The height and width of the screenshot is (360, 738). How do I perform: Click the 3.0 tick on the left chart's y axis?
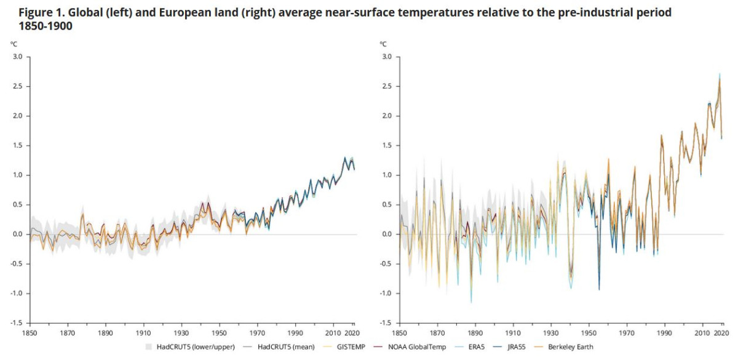18,57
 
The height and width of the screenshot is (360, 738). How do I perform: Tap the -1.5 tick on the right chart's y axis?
385,323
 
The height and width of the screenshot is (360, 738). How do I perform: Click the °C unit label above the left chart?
14,44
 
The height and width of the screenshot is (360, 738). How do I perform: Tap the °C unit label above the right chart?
383,44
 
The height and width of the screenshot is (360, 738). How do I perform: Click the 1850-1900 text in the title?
38,26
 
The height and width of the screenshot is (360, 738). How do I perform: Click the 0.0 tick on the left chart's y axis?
18,234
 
